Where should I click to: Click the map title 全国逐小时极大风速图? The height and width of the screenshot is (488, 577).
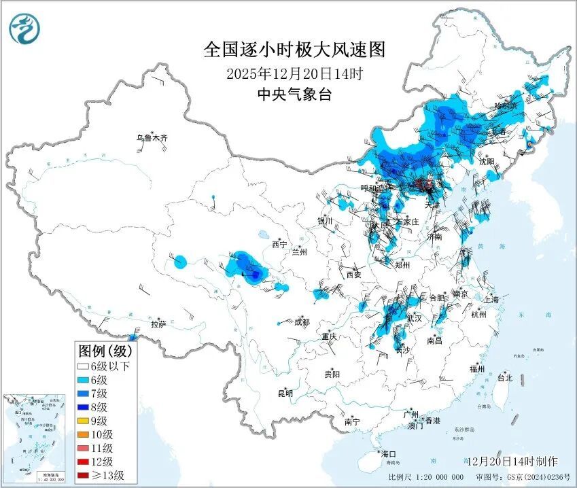coord(294,50)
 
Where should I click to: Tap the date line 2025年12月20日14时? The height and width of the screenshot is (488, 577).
coord(294,73)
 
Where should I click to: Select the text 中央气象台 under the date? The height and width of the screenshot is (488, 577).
coord(294,94)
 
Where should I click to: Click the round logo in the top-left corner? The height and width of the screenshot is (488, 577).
coord(24,28)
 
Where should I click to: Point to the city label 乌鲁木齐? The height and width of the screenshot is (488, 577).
coord(151,138)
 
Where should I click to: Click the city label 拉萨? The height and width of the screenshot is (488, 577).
coord(159,324)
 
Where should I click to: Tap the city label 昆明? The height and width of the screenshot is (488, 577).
coord(285,393)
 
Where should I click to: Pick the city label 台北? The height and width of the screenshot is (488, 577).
coord(504,377)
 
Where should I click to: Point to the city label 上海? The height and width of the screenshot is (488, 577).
coord(491,299)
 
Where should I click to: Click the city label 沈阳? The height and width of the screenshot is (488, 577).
coord(487,162)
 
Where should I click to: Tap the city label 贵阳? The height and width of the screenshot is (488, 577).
coord(332,374)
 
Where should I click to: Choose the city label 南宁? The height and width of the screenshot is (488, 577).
coord(351,421)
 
